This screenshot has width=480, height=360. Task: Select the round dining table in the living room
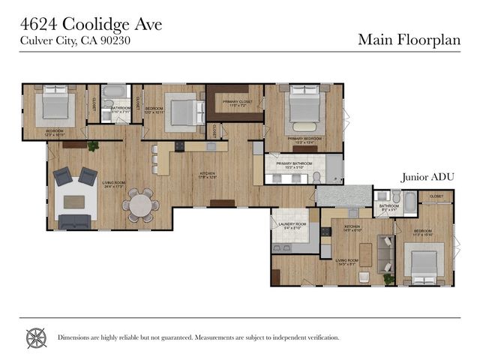pos(137,203)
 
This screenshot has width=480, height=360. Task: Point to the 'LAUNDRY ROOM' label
pos(290,224)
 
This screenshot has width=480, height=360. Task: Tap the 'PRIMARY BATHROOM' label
pos(293,164)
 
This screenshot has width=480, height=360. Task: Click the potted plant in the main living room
pos(94,146)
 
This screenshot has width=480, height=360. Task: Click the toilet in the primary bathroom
pos(317,177)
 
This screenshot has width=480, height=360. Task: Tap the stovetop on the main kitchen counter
pos(180,145)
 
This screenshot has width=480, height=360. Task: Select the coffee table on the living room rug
pos(73,199)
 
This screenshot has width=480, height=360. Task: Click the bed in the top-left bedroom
pos(55,106)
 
